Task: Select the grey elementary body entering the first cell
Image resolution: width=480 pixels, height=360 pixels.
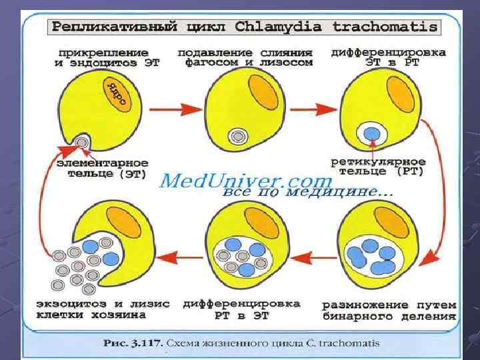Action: (x=82, y=142)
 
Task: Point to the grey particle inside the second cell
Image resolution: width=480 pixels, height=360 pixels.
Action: (x=236, y=137)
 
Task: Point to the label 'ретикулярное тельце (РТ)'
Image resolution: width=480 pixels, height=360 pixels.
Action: (x=379, y=167)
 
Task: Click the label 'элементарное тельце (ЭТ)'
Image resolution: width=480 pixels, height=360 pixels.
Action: (x=97, y=167)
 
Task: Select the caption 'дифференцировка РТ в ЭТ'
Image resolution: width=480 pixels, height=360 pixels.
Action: (x=241, y=309)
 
